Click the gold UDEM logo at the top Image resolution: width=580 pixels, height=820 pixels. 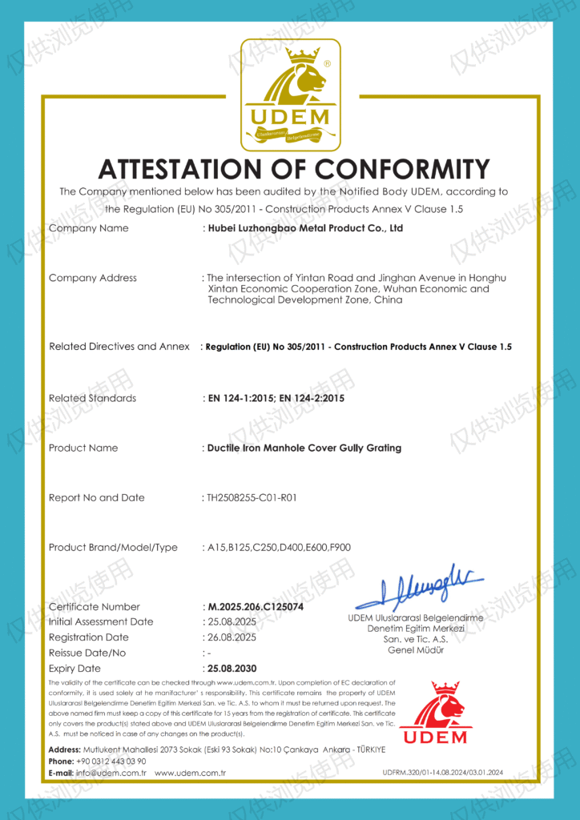tap(290, 94)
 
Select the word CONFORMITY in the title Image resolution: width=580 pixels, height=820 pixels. tap(401, 169)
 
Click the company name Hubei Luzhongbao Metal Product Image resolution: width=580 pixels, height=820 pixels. tap(305, 228)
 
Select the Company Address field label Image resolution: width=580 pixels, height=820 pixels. tap(93, 278)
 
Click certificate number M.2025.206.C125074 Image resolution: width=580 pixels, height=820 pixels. tap(256, 607)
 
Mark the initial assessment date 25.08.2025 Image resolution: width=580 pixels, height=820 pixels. tap(232, 622)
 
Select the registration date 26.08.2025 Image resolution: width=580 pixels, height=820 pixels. tap(232, 637)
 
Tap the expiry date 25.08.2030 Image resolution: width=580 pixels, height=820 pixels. tap(233, 668)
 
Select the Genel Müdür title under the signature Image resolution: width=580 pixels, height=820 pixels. tap(415, 649)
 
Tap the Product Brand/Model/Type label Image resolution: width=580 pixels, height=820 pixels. tap(113, 547)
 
